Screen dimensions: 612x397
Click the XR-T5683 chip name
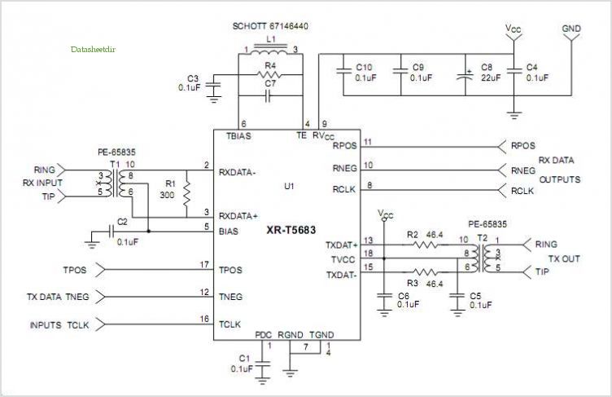click(291, 230)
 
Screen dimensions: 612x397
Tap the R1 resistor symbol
click(187, 194)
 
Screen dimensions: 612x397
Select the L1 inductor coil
click(269, 51)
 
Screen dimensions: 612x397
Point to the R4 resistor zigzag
click(269, 74)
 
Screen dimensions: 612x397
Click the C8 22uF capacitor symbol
click(466, 75)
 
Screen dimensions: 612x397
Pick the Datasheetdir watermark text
click(94, 49)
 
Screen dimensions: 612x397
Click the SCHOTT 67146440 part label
click(270, 26)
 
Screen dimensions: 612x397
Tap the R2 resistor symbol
click(426, 245)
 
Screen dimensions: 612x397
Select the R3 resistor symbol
click(426, 271)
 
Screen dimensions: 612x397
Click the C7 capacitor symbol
click(268, 96)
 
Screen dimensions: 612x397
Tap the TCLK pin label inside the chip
click(229, 324)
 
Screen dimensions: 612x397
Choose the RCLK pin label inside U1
click(344, 190)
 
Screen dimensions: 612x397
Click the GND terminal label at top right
click(571, 29)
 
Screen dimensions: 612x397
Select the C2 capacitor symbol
click(111, 232)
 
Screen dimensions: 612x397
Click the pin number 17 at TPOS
click(204, 265)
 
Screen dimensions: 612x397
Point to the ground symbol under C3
click(213, 99)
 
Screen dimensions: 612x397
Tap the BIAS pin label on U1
click(229, 232)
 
